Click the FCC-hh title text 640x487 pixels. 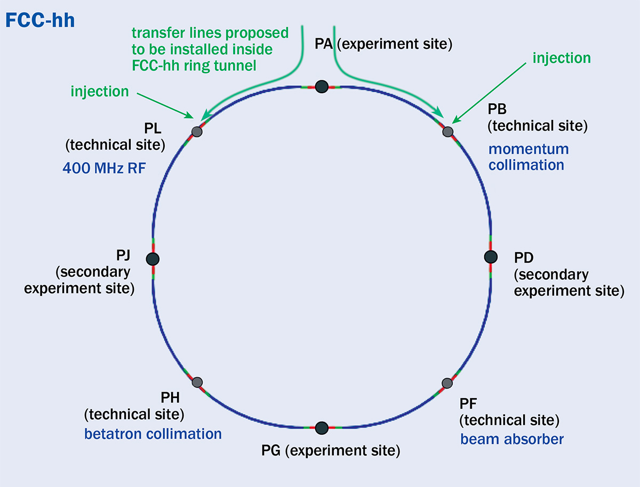pyautogui.click(x=40, y=21)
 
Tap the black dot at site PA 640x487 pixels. pyautogui.click(x=321, y=86)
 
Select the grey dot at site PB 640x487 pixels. pyautogui.click(x=448, y=131)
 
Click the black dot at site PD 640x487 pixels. pyautogui.click(x=490, y=256)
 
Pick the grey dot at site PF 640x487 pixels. pyautogui.click(x=447, y=383)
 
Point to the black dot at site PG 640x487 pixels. pyautogui.click(x=321, y=428)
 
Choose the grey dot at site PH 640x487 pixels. pyautogui.click(x=197, y=382)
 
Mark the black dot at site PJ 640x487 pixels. pyautogui.click(x=153, y=258)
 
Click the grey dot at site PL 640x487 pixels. pyautogui.click(x=197, y=131)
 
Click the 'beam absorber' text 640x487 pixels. pyautogui.click(x=512, y=439)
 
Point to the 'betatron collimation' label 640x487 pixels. pyautogui.click(x=153, y=434)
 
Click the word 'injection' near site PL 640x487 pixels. pyautogui.click(x=100, y=92)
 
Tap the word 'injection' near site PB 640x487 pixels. pyautogui.click(x=562, y=58)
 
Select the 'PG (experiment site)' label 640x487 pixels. pyautogui.click(x=331, y=451)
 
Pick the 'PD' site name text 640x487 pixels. pyautogui.click(x=524, y=259)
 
